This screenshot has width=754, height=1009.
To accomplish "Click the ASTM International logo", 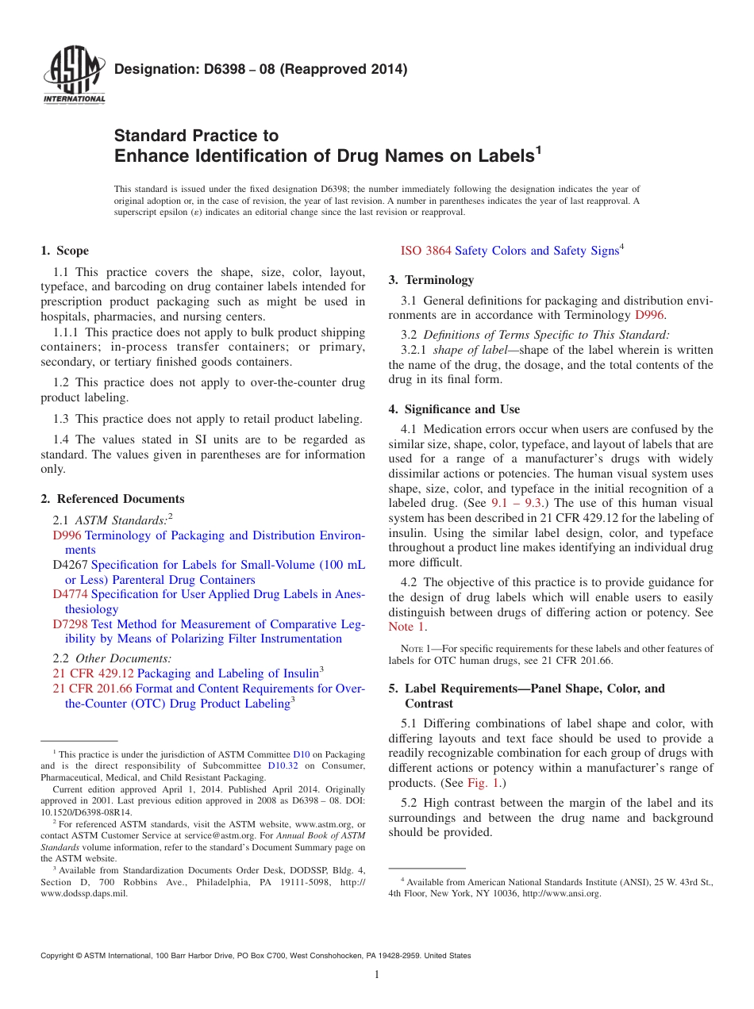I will [73, 75].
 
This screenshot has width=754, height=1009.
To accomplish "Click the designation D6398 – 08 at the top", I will [260, 69].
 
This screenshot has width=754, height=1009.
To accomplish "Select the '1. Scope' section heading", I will [64, 251].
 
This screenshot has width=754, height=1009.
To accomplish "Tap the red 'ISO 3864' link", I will [425, 251].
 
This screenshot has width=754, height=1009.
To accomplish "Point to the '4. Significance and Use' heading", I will [454, 409].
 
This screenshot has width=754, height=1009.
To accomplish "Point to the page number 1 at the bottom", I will [377, 975].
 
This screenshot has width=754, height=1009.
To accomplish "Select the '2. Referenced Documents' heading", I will [112, 499].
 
